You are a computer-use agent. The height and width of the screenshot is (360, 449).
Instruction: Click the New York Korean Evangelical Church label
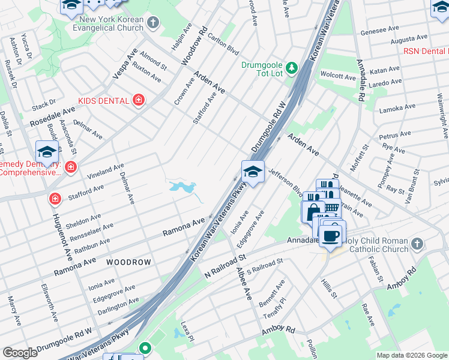click(109, 24)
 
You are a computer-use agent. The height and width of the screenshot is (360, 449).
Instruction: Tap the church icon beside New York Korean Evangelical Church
click(153, 23)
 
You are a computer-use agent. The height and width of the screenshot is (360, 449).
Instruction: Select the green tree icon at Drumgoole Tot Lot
click(292, 67)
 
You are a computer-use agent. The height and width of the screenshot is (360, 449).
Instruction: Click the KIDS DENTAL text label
click(104, 100)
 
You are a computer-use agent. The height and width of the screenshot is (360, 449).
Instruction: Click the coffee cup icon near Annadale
click(330, 235)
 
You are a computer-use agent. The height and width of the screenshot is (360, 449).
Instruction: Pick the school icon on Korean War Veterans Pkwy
click(253, 172)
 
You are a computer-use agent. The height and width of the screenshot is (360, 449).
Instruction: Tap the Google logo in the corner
click(20, 353)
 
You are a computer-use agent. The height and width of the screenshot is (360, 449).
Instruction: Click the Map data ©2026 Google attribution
click(412, 355)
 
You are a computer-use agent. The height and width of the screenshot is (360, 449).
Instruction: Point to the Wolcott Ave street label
click(338, 76)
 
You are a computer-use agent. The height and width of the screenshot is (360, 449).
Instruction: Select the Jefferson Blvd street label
click(285, 182)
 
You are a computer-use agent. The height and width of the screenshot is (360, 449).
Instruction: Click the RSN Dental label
click(426, 52)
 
